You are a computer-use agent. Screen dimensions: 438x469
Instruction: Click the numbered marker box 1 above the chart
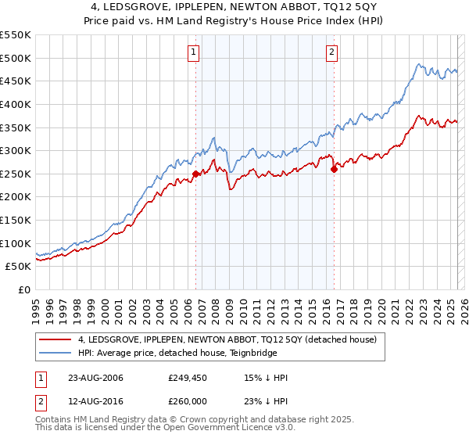[193, 52]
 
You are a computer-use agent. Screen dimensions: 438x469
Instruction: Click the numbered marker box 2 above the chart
[331, 52]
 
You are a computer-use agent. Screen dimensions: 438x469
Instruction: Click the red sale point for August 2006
[195, 174]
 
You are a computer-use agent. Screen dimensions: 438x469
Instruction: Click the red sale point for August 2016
[334, 168]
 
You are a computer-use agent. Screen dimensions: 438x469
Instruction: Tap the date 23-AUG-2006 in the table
[95, 379]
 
